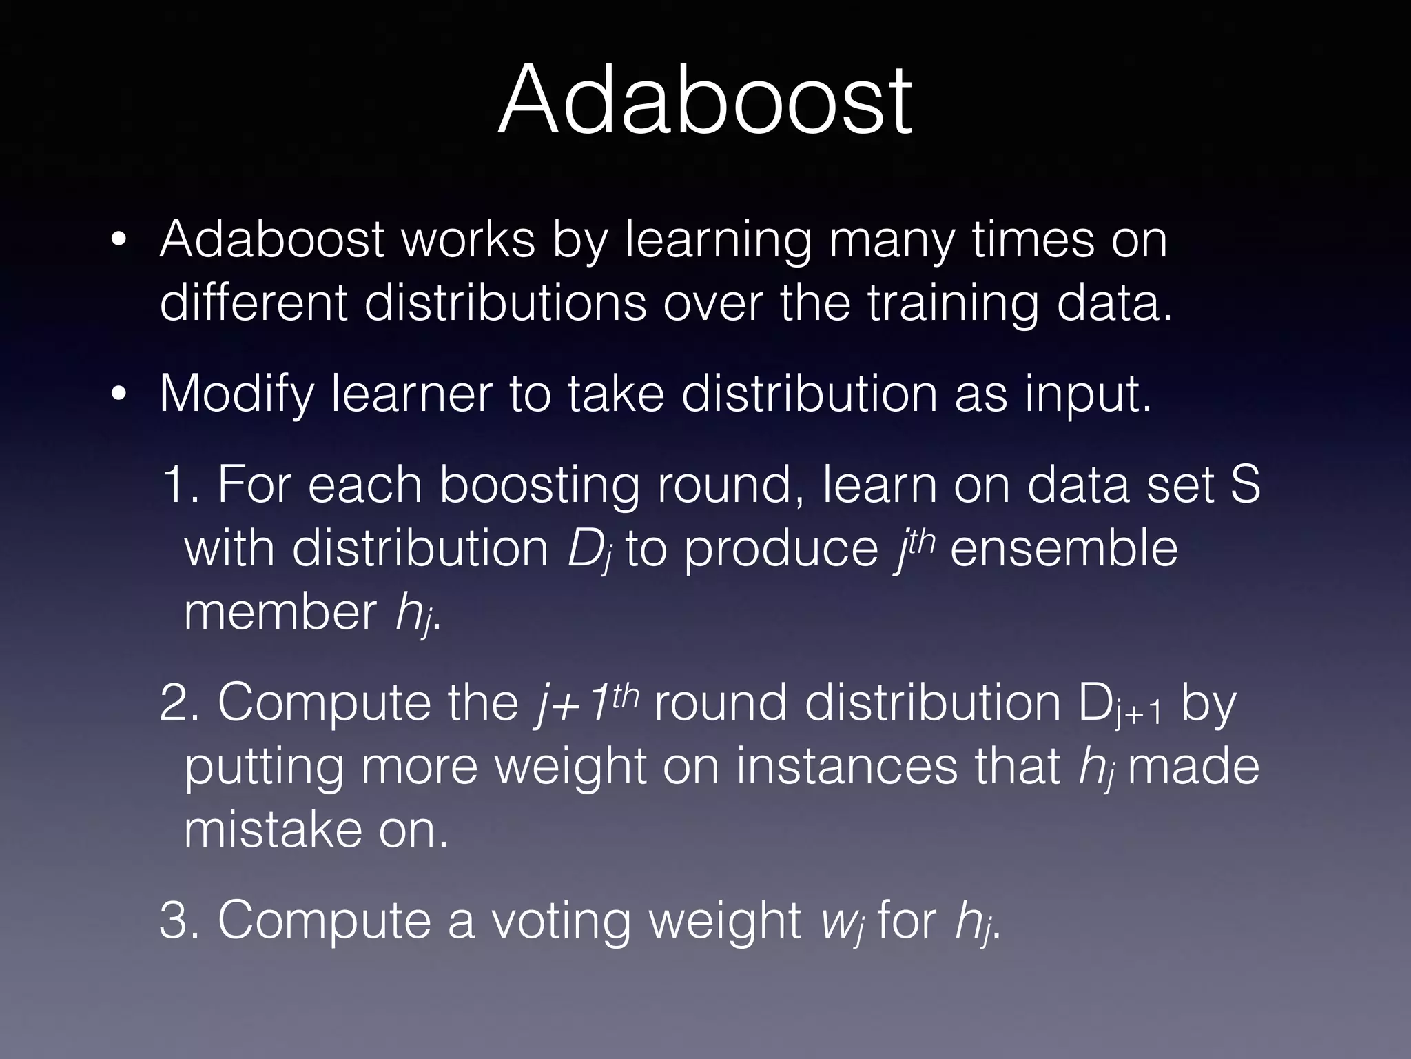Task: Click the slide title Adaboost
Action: (705, 100)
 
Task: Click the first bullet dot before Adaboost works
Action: (119, 241)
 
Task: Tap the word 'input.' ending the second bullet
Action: (1088, 394)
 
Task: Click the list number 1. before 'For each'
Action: (180, 485)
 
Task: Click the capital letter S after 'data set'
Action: (1245, 485)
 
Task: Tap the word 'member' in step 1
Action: (279, 612)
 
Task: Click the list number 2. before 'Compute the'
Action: (180, 704)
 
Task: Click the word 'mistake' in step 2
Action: (272, 830)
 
